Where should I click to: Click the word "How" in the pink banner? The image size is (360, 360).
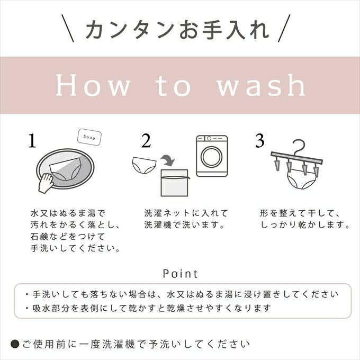[x=92, y=86]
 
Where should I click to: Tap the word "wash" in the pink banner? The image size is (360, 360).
[x=261, y=86]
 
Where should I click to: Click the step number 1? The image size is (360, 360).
[x=33, y=141]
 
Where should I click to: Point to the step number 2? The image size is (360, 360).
[x=146, y=141]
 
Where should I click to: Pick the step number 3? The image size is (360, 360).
[x=259, y=141]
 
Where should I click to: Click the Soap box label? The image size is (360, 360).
[x=89, y=137]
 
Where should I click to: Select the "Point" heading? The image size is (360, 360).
[x=180, y=274]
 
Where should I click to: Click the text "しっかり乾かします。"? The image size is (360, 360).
[x=305, y=225]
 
